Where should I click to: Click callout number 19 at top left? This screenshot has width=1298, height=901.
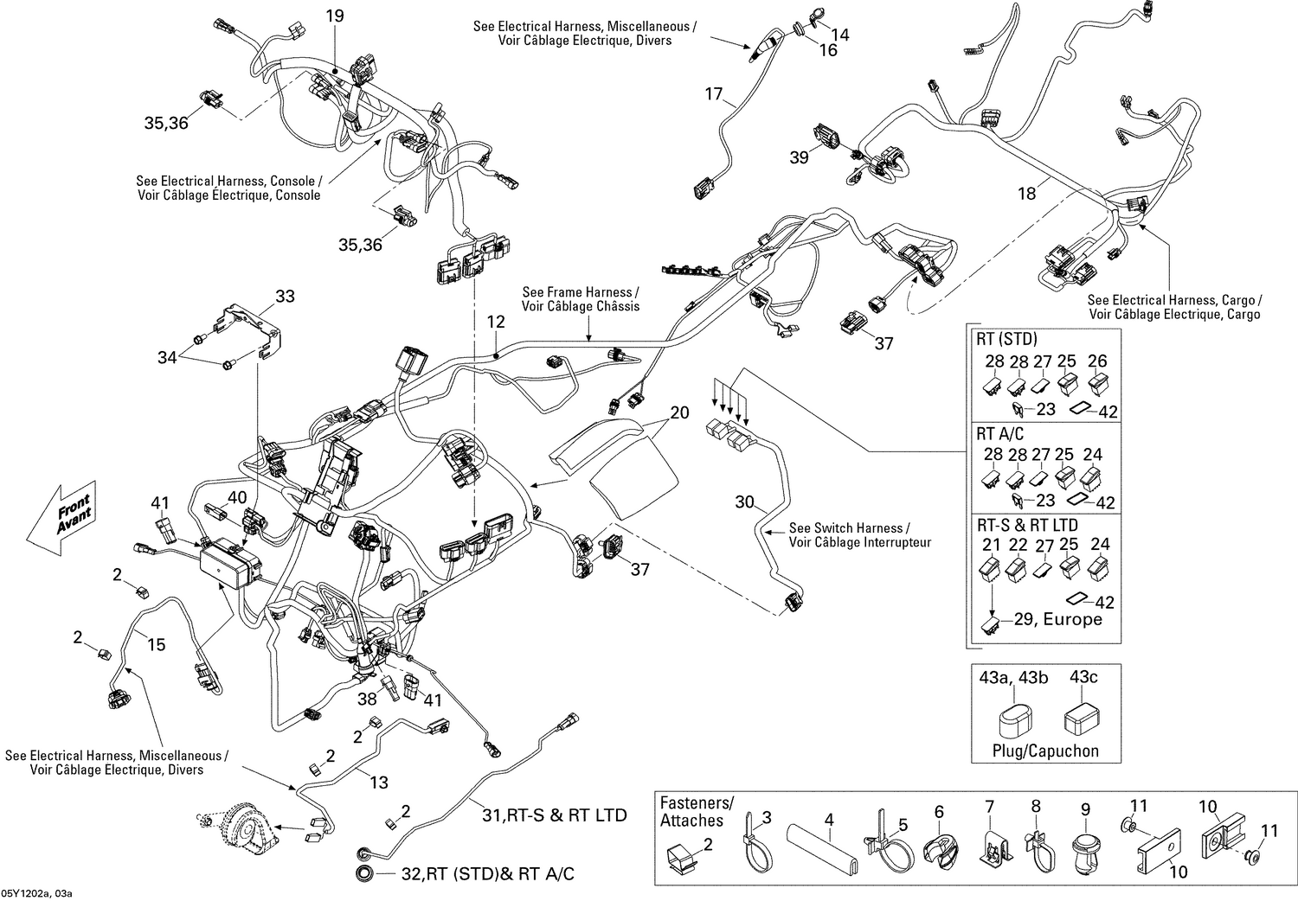coord(334,16)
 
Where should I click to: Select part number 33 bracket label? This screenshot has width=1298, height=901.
coord(285,297)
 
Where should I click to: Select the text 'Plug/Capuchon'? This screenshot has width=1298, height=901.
coord(1044,751)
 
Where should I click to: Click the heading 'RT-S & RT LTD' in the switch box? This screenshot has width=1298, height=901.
coord(1027,525)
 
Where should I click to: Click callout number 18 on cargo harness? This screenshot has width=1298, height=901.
coord(1026,194)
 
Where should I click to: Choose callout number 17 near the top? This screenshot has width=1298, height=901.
coord(713,93)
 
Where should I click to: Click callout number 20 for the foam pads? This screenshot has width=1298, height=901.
coord(680,412)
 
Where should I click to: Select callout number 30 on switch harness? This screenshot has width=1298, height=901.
coord(745,502)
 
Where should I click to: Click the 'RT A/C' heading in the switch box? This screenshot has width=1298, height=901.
coord(1000,433)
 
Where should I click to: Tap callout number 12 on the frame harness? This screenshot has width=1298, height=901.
coord(495,322)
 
